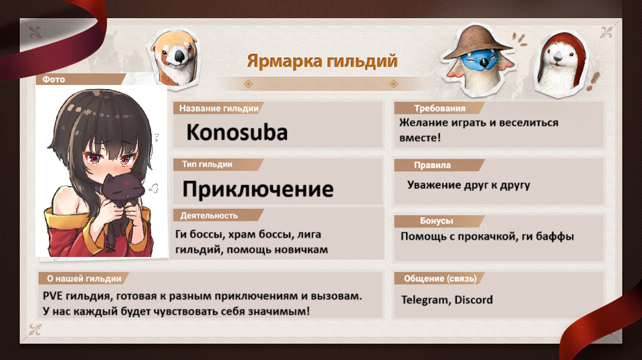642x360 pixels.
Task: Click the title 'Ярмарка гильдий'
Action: (322, 61)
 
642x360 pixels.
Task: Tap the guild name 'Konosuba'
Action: (237, 132)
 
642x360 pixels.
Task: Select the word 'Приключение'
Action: (258, 189)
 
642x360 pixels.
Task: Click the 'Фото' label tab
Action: (53, 79)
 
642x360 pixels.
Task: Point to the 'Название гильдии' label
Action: (219, 108)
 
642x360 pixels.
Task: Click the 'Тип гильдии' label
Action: (207, 164)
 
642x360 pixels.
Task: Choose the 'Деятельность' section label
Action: (209, 215)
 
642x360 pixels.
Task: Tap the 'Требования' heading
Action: (440, 108)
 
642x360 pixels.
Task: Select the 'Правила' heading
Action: (432, 165)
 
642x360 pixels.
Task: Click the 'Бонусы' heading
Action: (437, 221)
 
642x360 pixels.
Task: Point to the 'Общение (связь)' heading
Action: (440, 278)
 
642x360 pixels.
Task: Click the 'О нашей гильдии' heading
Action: (84, 278)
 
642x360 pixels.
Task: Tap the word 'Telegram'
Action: (425, 300)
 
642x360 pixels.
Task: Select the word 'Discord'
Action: (473, 300)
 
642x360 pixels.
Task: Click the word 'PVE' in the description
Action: (53, 296)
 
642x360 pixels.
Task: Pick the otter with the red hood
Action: (561, 66)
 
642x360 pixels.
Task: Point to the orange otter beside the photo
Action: (175, 58)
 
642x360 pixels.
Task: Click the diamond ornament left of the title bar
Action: (247, 84)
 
